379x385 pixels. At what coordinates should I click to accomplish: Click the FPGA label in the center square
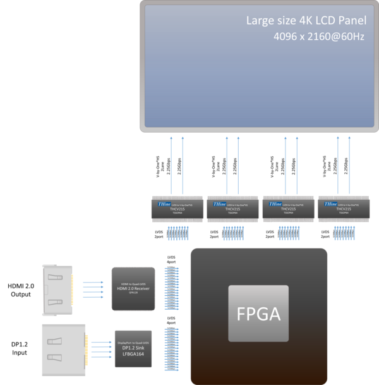click(259, 314)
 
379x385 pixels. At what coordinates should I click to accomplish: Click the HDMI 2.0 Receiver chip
click(133, 288)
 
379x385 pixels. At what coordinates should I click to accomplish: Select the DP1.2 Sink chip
click(133, 346)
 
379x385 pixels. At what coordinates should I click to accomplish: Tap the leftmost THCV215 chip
click(177, 208)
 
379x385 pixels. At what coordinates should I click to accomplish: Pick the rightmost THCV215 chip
click(344, 208)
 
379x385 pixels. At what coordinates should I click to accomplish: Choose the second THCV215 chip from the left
click(232, 208)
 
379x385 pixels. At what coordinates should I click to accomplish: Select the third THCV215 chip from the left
click(288, 208)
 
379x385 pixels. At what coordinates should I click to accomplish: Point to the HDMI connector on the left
click(58, 290)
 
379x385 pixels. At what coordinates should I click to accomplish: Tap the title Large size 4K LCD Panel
click(306, 21)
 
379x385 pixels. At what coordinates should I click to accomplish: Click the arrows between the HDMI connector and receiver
click(93, 289)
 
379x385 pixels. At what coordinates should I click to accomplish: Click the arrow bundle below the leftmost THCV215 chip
click(177, 235)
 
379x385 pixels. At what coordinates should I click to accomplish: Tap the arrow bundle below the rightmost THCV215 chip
click(344, 235)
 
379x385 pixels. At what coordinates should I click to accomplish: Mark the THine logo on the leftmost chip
click(163, 204)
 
